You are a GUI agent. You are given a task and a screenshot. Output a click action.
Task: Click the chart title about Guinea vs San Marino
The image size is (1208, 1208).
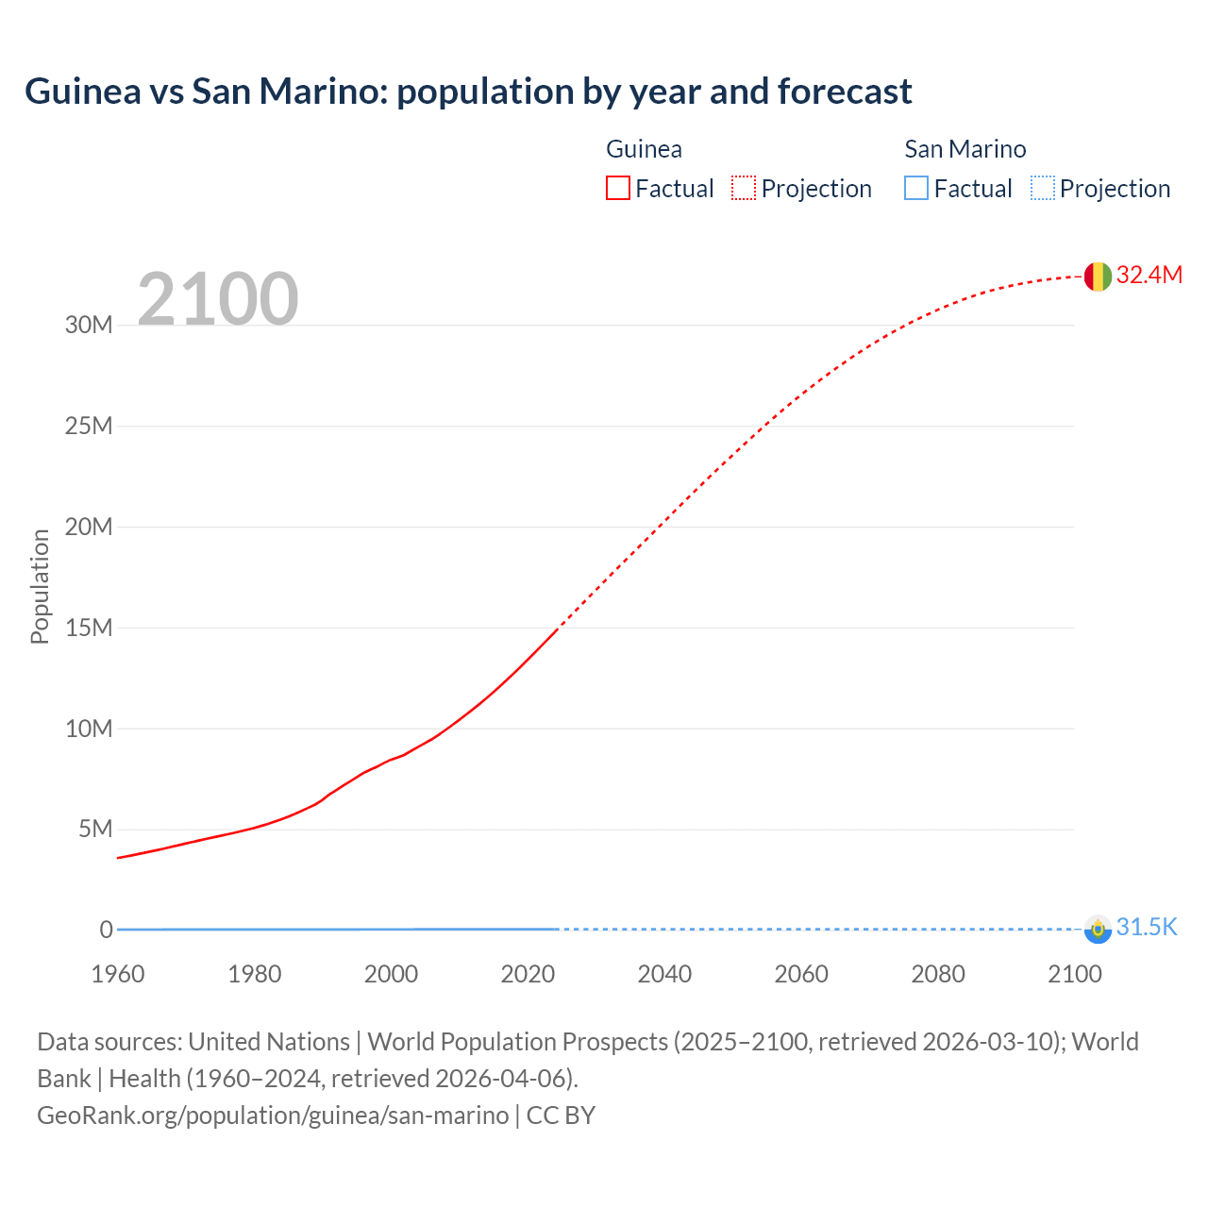pyautogui.click(x=468, y=92)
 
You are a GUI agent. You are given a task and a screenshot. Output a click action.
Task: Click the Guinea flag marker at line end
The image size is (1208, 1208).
pyautogui.click(x=1098, y=276)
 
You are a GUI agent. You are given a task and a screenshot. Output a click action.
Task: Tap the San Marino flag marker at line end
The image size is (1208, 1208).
pyautogui.click(x=1098, y=929)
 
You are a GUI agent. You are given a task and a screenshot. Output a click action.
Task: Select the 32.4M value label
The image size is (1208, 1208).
pyautogui.click(x=1149, y=275)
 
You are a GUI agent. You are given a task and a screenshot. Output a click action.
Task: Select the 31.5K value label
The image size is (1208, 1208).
pyautogui.click(x=1147, y=928)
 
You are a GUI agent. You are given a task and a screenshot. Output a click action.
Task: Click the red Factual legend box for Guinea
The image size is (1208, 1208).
pyautogui.click(x=618, y=189)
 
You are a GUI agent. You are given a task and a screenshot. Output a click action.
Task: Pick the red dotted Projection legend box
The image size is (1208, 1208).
pyautogui.click(x=744, y=189)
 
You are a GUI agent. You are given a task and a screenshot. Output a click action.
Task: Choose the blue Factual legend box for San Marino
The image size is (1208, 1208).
pyautogui.click(x=916, y=189)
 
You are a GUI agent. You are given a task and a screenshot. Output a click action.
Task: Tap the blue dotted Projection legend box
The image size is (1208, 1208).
pyautogui.click(x=1043, y=189)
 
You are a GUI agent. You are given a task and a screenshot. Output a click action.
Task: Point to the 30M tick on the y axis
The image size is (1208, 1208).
pyautogui.click(x=89, y=326)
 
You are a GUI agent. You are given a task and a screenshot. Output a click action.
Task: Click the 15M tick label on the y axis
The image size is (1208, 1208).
pyautogui.click(x=89, y=628)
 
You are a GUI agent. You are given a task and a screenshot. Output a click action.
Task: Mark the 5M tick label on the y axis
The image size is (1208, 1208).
pyautogui.click(x=94, y=830)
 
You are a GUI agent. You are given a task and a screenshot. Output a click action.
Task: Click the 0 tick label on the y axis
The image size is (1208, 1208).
pyautogui.click(x=106, y=930)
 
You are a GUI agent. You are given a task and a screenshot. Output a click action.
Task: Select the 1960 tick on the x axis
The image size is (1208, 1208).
pyautogui.click(x=118, y=974)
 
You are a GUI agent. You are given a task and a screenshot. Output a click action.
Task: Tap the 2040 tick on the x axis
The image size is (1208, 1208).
pyautogui.click(x=664, y=974)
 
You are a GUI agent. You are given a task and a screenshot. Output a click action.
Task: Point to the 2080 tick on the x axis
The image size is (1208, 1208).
pyautogui.click(x=938, y=974)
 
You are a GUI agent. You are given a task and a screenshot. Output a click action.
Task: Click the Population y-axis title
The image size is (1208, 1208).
pyautogui.click(x=40, y=586)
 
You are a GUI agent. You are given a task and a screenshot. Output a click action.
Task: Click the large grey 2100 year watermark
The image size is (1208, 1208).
pyautogui.click(x=218, y=299)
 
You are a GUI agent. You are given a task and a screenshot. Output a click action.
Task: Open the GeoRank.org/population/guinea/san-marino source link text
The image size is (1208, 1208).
pyautogui.click(x=273, y=1116)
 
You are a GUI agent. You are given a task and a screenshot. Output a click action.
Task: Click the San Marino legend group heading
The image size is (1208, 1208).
pyautogui.click(x=965, y=149)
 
